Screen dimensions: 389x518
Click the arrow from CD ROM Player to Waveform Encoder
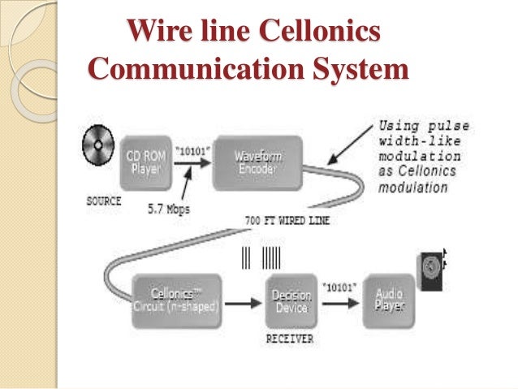(x=188, y=161)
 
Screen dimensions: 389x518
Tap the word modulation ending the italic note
(x=412, y=187)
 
